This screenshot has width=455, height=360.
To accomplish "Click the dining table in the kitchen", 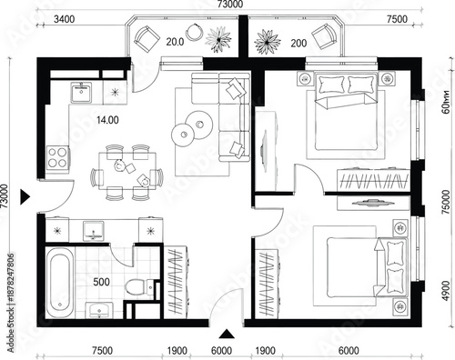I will (x=127, y=170).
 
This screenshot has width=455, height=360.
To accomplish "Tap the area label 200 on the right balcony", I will (x=298, y=42).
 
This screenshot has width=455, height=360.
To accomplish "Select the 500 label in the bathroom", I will (x=103, y=283).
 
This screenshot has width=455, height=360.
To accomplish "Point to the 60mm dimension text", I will (x=445, y=108).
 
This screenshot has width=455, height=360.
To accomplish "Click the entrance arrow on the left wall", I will (x=25, y=195).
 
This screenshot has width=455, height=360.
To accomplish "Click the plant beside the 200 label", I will (x=268, y=40).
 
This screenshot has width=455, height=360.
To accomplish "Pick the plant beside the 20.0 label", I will (x=219, y=39).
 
